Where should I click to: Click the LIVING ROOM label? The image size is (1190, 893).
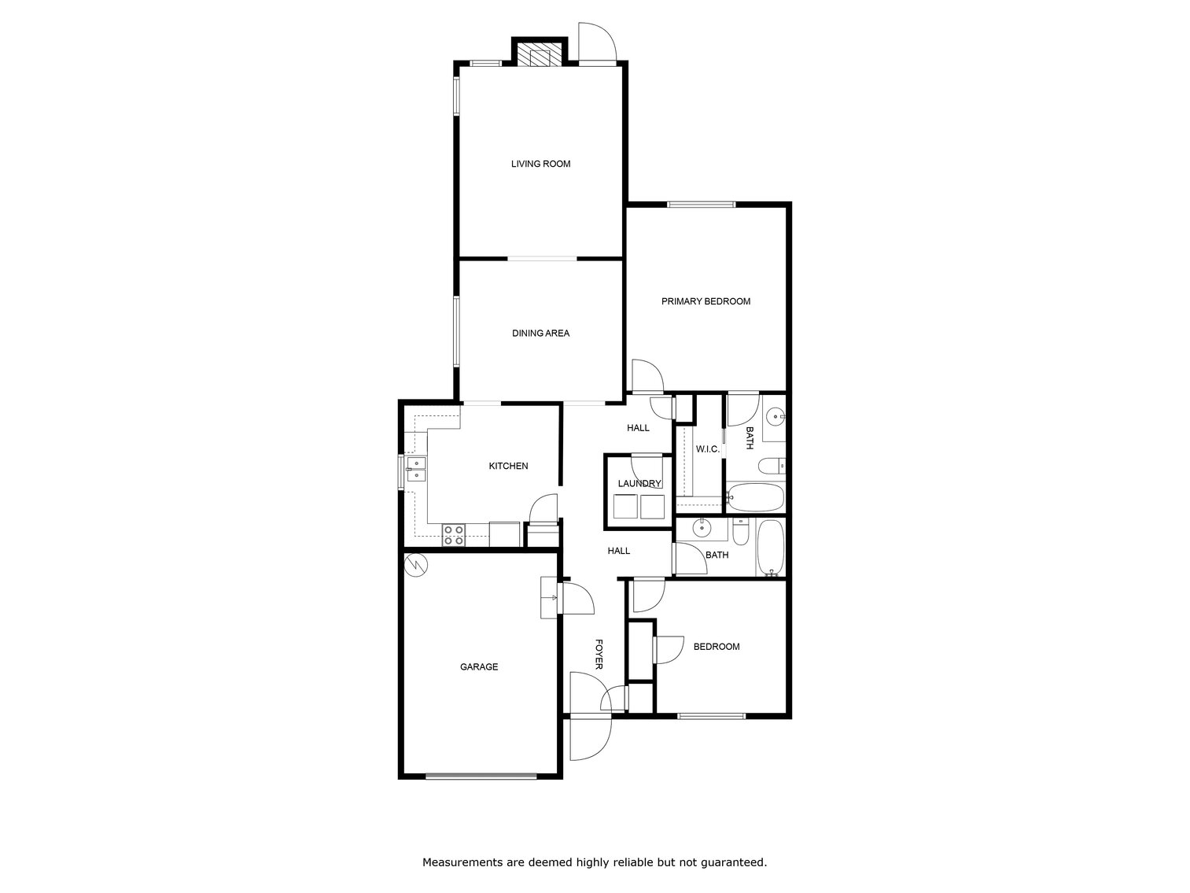pyautogui.click(x=540, y=164)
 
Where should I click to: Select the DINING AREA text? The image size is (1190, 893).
pyautogui.click(x=540, y=334)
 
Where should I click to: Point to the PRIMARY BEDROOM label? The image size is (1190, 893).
pyautogui.click(x=706, y=301)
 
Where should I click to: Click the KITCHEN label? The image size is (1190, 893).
pyautogui.click(x=508, y=467)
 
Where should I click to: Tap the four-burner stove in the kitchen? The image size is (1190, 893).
pyautogui.click(x=453, y=535)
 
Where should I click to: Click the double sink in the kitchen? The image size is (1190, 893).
pyautogui.click(x=415, y=470)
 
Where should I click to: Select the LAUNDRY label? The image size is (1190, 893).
pyautogui.click(x=639, y=484)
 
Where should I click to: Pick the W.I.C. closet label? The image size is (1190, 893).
pyautogui.click(x=707, y=449)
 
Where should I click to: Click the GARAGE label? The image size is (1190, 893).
pyautogui.click(x=479, y=667)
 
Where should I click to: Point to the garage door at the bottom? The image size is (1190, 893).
pyautogui.click(x=481, y=777)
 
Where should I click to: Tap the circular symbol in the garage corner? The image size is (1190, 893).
pyautogui.click(x=415, y=564)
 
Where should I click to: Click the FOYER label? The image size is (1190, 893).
pyautogui.click(x=599, y=654)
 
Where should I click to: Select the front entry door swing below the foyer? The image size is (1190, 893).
pyautogui.click(x=590, y=740)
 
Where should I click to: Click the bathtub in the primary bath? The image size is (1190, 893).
pyautogui.click(x=755, y=497)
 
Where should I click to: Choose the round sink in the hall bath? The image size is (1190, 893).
pyautogui.click(x=700, y=528)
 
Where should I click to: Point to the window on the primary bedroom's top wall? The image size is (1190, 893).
pyautogui.click(x=701, y=205)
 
